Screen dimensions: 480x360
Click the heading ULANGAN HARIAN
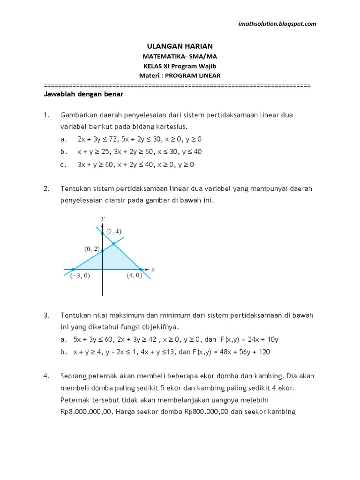(180, 46)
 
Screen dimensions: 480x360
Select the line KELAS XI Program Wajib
(180, 66)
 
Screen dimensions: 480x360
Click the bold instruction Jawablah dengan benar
(83, 94)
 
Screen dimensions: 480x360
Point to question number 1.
(46, 115)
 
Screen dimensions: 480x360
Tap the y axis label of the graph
(102, 218)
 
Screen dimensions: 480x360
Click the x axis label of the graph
(153, 269)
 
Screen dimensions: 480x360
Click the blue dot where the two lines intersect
(114, 244)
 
